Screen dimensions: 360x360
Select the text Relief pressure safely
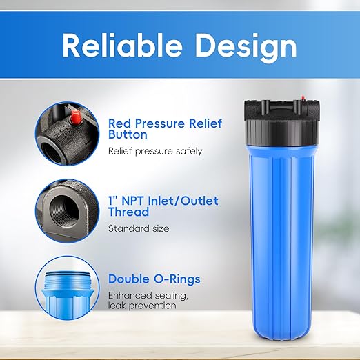[155, 151]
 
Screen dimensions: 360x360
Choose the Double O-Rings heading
[154, 279]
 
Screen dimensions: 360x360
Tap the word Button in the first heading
[128, 136]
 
